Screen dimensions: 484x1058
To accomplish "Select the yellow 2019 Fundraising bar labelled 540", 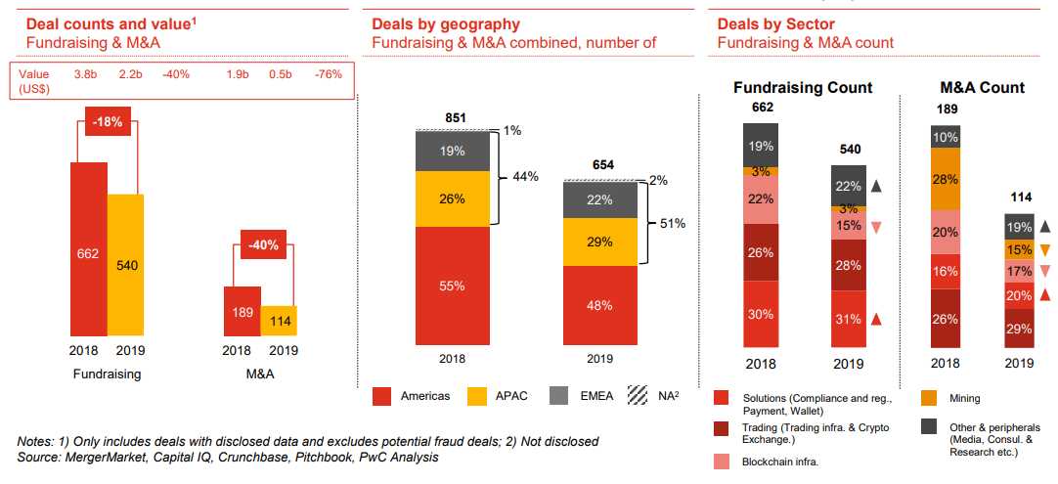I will coord(125,265).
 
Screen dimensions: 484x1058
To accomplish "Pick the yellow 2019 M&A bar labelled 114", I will coord(279,320).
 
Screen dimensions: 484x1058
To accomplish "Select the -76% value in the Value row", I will coord(329,74).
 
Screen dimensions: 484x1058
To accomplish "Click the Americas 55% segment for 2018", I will coord(453,286).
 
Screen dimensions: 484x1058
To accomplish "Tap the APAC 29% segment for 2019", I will coord(599,242).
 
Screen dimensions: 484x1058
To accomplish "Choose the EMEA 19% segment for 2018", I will coord(453,151).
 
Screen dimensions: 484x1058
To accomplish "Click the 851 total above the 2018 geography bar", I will coord(455,118).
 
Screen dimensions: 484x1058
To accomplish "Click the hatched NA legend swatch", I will coord(638,396).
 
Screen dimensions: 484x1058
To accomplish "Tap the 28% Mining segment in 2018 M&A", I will coord(945,179).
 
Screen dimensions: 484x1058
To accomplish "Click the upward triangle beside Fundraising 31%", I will coord(877,320).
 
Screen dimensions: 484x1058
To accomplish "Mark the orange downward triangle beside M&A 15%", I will coord(1045,249).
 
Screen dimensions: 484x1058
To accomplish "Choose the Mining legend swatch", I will coord(930,398).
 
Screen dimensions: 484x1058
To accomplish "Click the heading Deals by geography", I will coord(445,24).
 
